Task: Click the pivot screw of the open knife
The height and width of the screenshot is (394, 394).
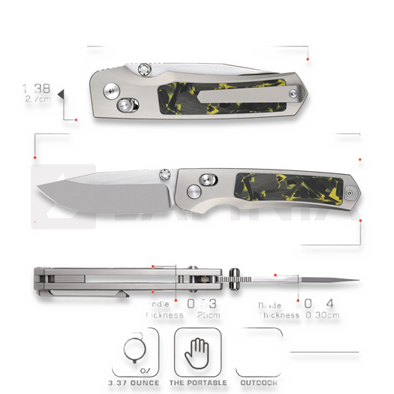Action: point(165,173)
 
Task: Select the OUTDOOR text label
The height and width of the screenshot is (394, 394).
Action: point(257,382)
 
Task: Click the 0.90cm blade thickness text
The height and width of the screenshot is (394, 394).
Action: point(322,315)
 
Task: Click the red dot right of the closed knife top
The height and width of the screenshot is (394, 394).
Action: point(308,59)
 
